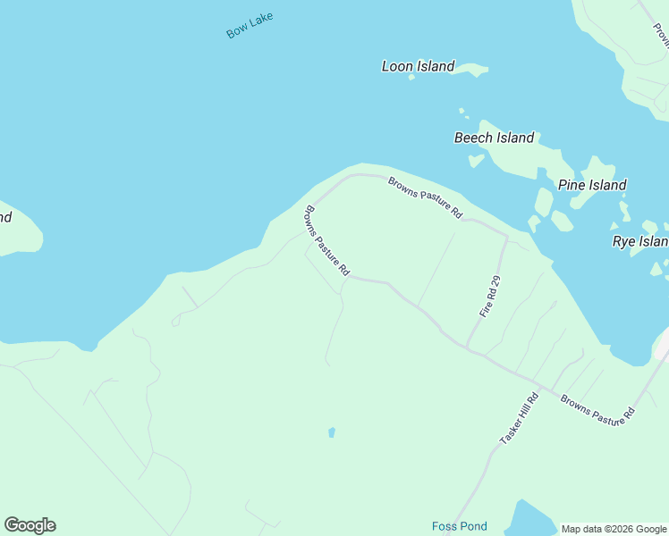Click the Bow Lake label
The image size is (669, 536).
250,25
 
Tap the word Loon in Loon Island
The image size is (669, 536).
399,66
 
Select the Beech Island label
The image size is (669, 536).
494,138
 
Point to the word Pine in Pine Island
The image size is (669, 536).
572,185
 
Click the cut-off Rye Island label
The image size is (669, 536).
639,241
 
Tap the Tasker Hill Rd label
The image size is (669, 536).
519,420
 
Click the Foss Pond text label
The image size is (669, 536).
459,526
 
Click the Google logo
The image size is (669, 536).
30,525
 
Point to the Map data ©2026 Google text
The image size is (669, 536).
614,529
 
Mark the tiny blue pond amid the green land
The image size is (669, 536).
332,432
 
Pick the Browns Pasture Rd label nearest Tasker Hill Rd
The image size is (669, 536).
597,407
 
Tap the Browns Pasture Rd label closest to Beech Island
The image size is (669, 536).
424,197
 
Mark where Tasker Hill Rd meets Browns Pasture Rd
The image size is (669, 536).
546,389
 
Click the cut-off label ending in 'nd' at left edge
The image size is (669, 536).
5,217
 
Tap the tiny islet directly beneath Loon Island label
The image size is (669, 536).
411,78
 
